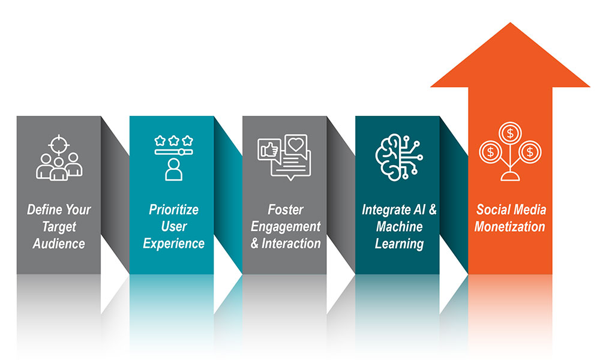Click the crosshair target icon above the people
[59, 145]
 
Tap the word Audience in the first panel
[59, 244]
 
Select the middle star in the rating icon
[174, 140]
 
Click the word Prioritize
[174, 209]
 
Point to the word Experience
[174, 244]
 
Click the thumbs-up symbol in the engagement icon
[269, 151]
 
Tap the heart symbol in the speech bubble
[296, 144]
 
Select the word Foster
[286, 209]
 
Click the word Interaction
[291, 244]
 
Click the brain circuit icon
[399, 157]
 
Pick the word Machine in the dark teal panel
[399, 226]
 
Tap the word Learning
[399, 244]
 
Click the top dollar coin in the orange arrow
[510, 134]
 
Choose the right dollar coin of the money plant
[530, 152]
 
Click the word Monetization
[509, 226]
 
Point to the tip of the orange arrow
[510, 23]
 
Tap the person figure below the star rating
[174, 169]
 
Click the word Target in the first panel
[59, 227]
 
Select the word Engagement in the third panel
[286, 227]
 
